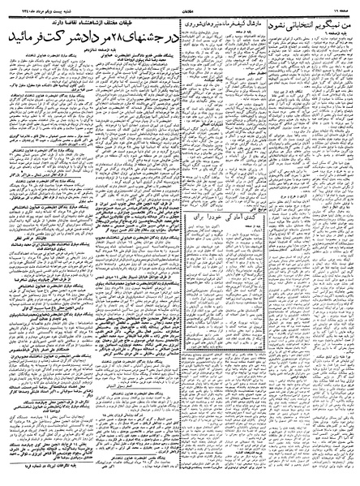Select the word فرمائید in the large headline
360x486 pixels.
point(28,38)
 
